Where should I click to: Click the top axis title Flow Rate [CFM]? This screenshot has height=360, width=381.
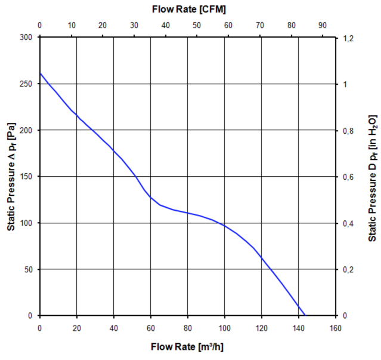[188, 10]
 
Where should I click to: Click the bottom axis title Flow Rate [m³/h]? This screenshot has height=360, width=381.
[188, 346]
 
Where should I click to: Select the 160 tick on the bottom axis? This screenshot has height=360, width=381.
[335, 327]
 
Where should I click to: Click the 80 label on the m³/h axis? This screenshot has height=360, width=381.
[187, 327]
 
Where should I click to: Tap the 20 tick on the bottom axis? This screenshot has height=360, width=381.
[76, 327]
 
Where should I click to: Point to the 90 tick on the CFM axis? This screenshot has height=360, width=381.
[323, 26]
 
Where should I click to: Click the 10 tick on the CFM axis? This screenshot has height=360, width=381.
[71, 26]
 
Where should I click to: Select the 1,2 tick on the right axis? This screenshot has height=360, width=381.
[349, 38]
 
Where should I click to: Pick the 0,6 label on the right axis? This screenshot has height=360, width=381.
[349, 177]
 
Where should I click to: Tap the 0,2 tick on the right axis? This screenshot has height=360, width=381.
[349, 269]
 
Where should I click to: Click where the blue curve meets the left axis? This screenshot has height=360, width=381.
[40, 73]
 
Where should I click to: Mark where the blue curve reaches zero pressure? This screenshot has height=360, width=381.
[305, 315]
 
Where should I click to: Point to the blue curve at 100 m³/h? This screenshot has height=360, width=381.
[224, 225]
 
